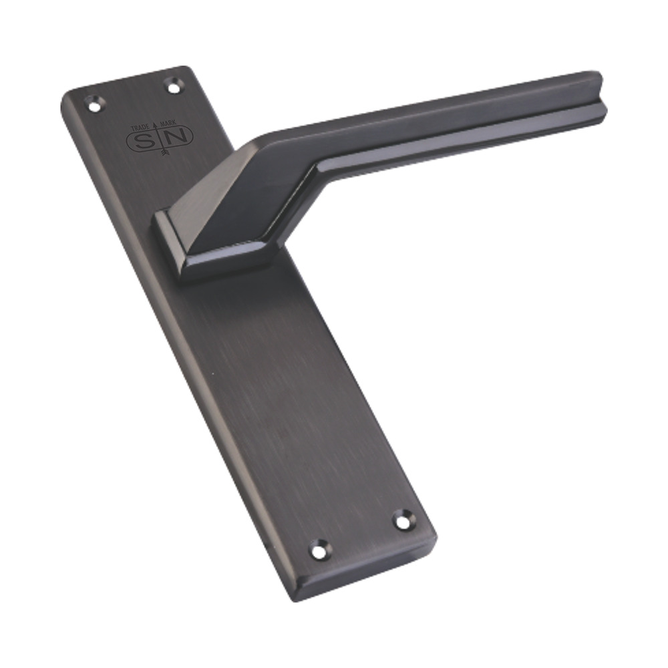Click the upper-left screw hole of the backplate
click(x=93, y=104)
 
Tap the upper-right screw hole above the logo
click(x=172, y=86)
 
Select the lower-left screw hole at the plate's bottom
click(x=320, y=550)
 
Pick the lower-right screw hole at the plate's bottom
click(x=402, y=520)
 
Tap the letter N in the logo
click(x=179, y=136)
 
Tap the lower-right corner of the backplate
click(x=434, y=538)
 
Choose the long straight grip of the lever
click(x=454, y=120)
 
